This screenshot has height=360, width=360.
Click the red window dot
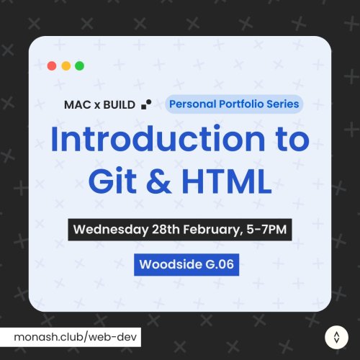[52, 66]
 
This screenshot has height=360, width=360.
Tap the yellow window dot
[66, 66]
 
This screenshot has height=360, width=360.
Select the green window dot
[79, 66]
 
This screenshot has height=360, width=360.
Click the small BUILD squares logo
[147, 104]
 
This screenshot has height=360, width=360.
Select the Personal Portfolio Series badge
[234, 104]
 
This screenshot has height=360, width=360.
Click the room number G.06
[217, 264]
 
